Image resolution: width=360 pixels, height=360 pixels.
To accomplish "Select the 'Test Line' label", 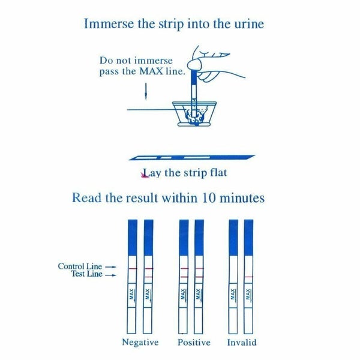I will click(x=83, y=274).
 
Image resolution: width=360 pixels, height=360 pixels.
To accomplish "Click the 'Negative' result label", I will click(x=140, y=343).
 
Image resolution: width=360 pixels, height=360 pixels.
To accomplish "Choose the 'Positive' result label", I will click(x=194, y=343).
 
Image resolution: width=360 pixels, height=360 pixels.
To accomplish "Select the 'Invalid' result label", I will click(x=242, y=343).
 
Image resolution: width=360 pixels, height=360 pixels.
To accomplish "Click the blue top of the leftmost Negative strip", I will click(x=132, y=237).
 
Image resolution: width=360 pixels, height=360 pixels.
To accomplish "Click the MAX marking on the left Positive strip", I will click(x=184, y=295).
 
